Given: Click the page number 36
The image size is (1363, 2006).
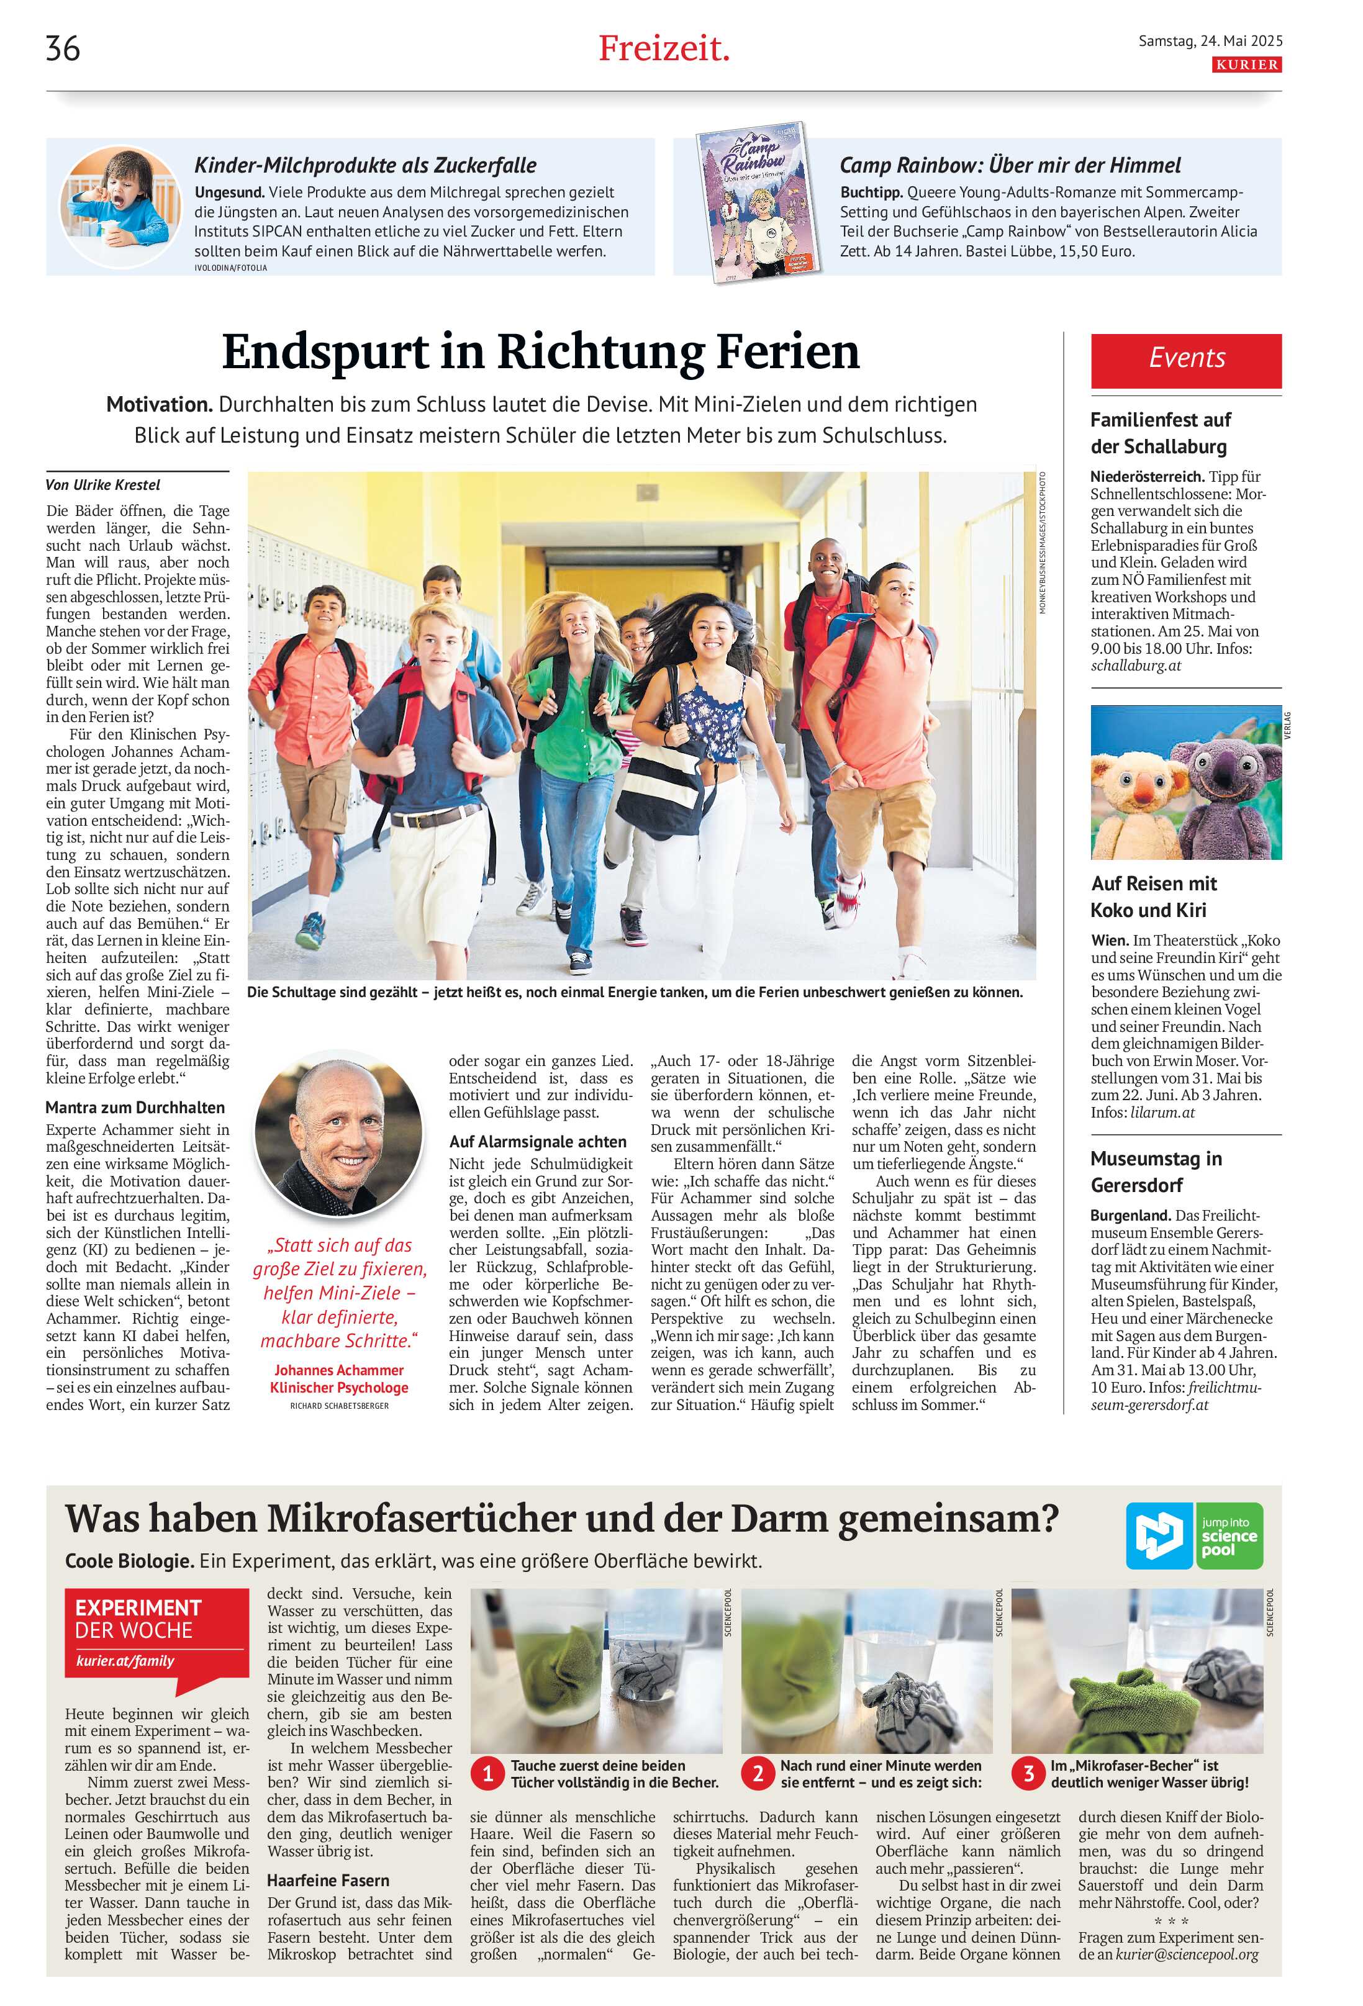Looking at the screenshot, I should pos(63,48).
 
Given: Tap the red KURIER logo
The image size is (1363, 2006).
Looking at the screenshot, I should pos(1246,65).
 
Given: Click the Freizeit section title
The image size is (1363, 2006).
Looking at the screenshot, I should pos(663,48).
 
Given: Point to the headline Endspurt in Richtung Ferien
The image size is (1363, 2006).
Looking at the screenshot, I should pos(540,351).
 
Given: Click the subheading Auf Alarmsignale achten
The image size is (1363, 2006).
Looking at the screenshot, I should pos(537,1141).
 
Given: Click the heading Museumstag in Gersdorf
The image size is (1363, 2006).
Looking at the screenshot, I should pos(1155,1172).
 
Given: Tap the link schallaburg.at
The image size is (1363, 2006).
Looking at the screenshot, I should pos(1135,666).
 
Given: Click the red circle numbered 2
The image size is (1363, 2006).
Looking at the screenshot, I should pos(758,1774).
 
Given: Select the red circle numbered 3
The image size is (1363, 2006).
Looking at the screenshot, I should pos(1028,1774).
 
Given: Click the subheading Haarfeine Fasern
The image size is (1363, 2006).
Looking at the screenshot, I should pos(327,1880).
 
